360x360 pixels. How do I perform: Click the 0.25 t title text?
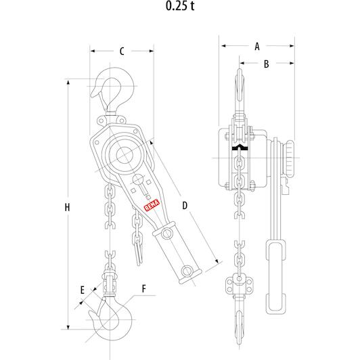[180, 5]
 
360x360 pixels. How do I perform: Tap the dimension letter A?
[257, 47]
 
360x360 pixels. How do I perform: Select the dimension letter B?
[267, 64]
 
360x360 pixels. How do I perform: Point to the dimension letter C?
[122, 51]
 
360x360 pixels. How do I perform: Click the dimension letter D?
[185, 206]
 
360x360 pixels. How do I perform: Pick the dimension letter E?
[83, 290]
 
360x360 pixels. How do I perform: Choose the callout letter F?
[144, 288]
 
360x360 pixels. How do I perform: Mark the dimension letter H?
[67, 207]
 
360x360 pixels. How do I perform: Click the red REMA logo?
[152, 205]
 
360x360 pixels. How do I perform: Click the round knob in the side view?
[290, 158]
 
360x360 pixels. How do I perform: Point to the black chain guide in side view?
[240, 147]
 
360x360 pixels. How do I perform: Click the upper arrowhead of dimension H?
[68, 82]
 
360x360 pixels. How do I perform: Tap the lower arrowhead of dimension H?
[68, 327]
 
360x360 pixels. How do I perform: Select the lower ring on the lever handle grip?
[187, 271]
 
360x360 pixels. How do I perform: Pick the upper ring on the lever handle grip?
[166, 233]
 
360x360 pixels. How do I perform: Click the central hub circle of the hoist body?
[125, 156]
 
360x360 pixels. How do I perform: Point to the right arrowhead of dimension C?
[152, 51]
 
